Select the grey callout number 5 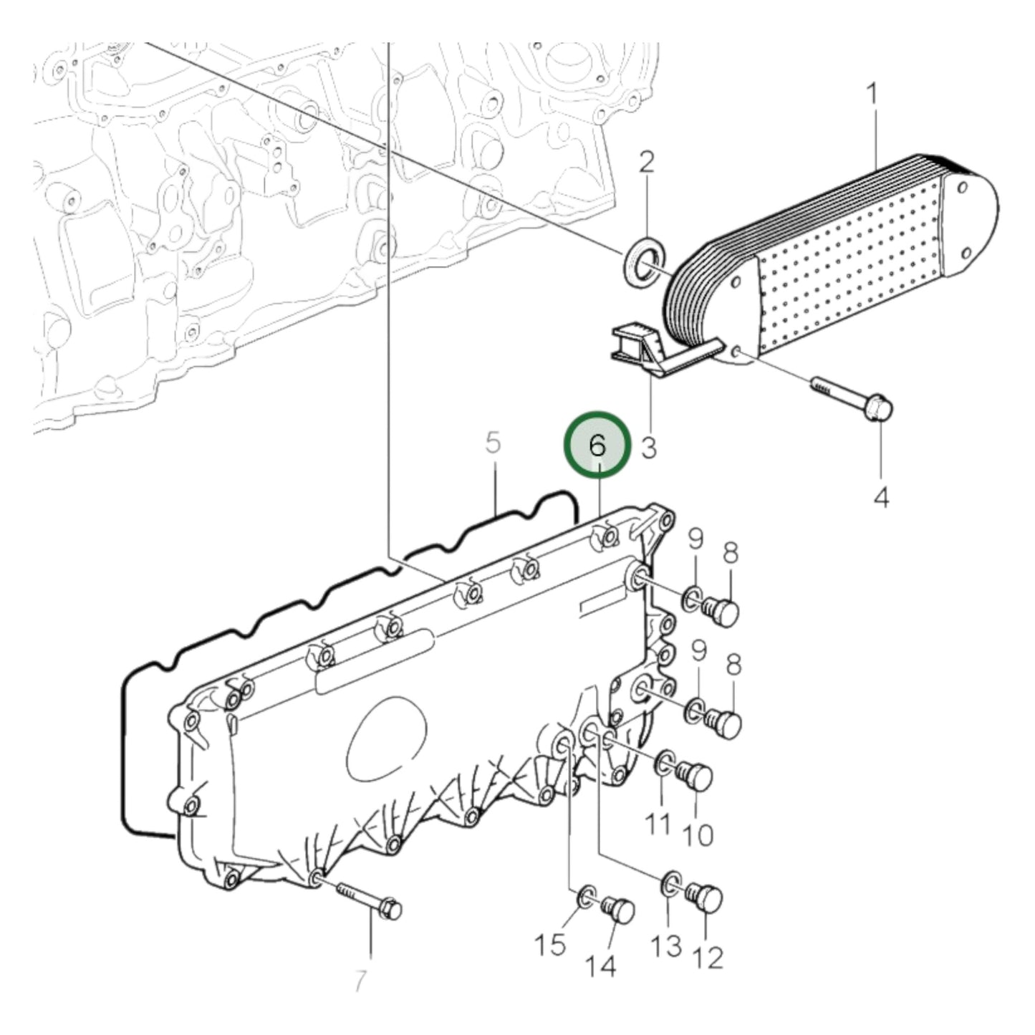(x=493, y=443)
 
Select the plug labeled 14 (x=617, y=914)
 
